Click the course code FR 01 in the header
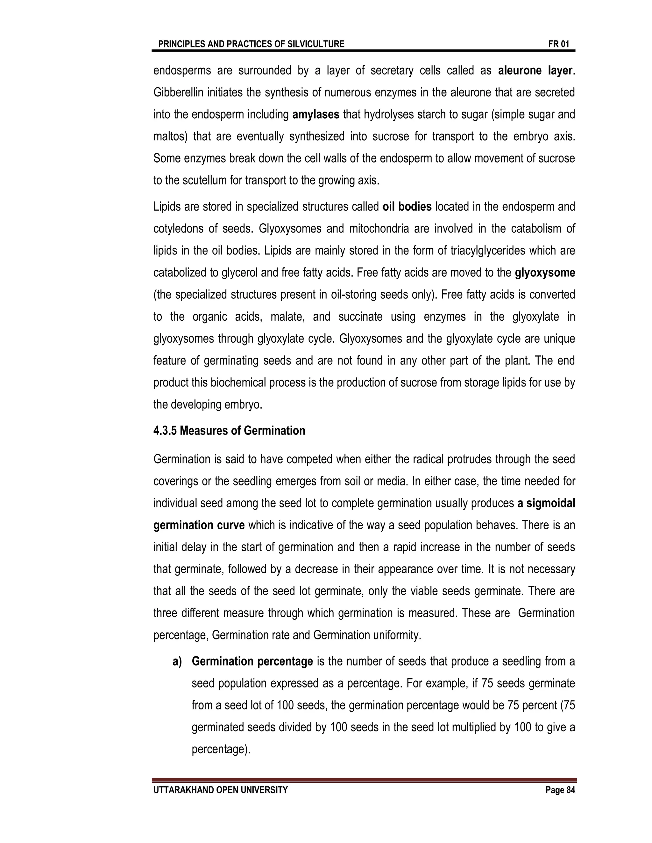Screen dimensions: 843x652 point(558,44)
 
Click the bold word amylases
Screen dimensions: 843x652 point(315,115)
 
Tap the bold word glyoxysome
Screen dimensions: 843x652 point(545,273)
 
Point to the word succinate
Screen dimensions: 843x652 point(360,317)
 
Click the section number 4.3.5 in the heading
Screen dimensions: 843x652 point(165,431)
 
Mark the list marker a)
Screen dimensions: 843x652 point(177,662)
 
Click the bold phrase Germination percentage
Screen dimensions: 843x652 point(252,662)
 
